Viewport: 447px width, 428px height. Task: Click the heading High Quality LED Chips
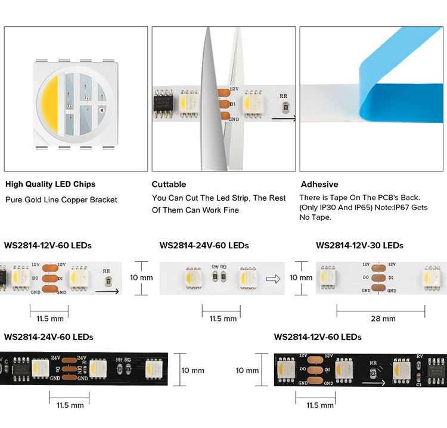coord(50,184)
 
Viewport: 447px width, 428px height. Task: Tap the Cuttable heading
coord(169,184)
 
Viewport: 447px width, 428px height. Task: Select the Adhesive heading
coord(319,184)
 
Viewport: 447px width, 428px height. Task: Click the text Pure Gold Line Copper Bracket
coord(61,200)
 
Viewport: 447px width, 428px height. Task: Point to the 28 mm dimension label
coord(383,318)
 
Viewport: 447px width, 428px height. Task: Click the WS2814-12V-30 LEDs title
coord(359,245)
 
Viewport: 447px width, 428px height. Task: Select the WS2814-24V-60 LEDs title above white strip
coord(204,245)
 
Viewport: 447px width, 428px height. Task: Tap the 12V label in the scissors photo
coord(234,89)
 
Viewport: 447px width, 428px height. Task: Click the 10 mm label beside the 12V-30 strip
coord(301,277)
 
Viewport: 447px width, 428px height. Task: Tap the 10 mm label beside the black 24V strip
coord(193,370)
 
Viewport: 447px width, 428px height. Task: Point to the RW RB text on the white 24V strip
coord(219,267)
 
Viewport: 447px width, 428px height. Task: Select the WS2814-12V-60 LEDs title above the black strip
coord(318,337)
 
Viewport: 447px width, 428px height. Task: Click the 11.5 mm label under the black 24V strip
coord(70,405)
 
